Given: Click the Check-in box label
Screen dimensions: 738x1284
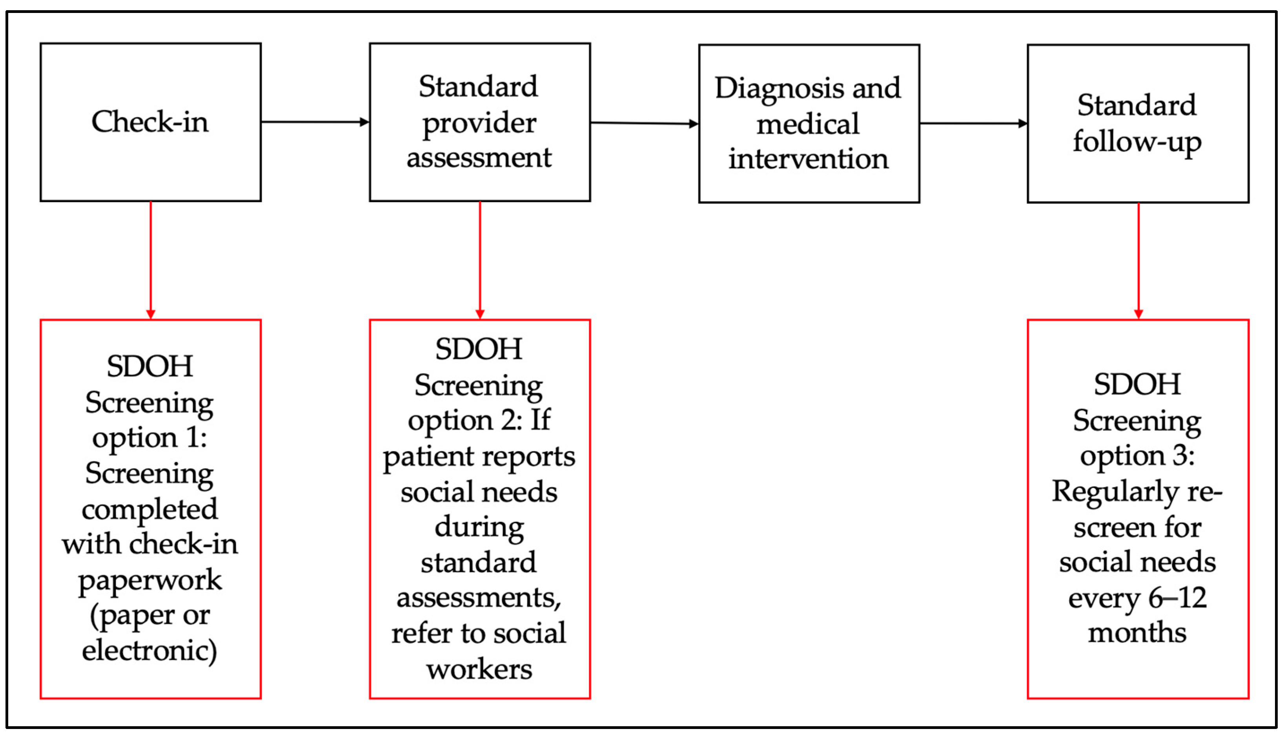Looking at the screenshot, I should click(150, 122).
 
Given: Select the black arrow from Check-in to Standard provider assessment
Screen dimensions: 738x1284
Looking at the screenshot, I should click(315, 122).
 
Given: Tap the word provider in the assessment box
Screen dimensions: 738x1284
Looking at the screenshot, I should click(479, 123).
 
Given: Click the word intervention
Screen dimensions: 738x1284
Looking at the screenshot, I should click(809, 159).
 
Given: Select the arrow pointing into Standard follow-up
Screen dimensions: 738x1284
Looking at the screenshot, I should click(973, 123).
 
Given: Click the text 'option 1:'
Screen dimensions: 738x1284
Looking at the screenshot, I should click(149, 437).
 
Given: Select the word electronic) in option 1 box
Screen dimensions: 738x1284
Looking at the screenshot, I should click(149, 651).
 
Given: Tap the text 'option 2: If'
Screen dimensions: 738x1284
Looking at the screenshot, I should click(479, 420).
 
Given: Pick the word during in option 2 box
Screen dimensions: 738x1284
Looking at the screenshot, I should click(479, 527).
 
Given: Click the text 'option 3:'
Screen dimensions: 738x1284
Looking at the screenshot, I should click(1138, 456).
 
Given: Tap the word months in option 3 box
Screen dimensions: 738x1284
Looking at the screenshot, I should click(1138, 632).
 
